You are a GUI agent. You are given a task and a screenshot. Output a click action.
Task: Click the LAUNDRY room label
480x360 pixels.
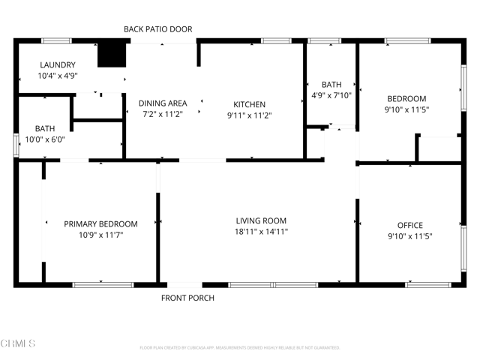click(x=58, y=64)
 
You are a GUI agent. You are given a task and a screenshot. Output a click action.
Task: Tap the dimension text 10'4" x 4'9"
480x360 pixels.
click(x=58, y=76)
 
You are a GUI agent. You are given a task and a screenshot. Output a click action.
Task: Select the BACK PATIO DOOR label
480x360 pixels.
click(x=157, y=29)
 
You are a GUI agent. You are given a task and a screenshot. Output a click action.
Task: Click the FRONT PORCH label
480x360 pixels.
click(x=187, y=298)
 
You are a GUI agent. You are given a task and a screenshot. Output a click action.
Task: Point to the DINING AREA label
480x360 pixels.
click(x=163, y=103)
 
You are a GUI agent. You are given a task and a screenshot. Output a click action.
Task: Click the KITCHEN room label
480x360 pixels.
click(x=249, y=104)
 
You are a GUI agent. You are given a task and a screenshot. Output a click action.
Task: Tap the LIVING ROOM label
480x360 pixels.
click(x=261, y=220)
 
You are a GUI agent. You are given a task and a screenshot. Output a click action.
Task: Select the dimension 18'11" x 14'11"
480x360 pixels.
click(x=261, y=232)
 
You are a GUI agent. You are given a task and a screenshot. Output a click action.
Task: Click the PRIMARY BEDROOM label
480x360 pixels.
click(x=100, y=223)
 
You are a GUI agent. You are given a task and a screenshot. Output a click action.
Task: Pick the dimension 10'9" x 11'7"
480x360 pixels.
click(x=100, y=235)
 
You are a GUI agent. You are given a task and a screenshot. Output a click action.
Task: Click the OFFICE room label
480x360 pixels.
click(x=409, y=225)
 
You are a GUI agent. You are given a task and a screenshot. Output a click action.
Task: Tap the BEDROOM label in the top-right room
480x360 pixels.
click(x=406, y=98)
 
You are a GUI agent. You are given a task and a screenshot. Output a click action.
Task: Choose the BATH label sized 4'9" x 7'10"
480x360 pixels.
click(x=331, y=85)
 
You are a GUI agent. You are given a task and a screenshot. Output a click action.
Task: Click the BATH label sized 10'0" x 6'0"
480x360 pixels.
click(x=44, y=128)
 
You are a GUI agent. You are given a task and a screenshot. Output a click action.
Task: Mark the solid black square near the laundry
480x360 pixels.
click(x=112, y=55)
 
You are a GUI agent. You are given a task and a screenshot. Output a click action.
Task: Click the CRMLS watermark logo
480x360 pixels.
click(x=19, y=343)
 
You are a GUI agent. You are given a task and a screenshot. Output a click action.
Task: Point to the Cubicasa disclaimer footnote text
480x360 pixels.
click(x=240, y=348)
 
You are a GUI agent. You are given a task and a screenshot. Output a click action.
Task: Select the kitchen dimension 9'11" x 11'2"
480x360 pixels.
click(x=249, y=115)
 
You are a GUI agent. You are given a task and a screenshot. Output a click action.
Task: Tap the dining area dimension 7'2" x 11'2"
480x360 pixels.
click(x=163, y=115)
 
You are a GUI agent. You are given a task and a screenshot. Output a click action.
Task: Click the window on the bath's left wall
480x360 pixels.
click(x=16, y=145)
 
